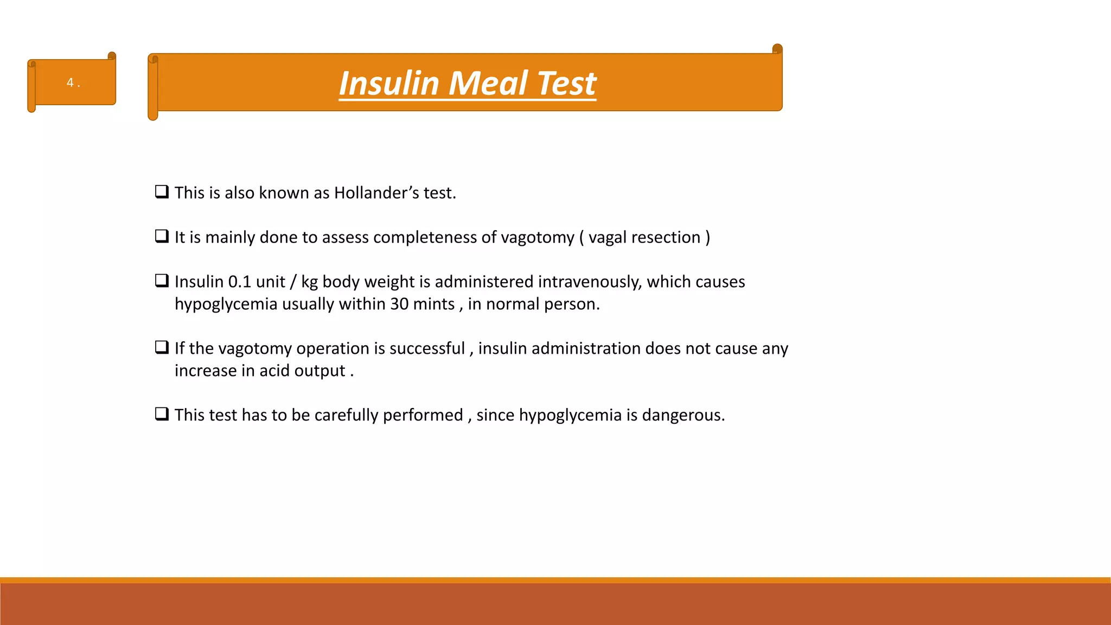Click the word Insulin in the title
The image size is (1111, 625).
pos(388,84)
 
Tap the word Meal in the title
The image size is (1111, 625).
pos(488,84)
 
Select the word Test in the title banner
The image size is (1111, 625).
pos(566,84)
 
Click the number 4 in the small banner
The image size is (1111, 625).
pos(70,82)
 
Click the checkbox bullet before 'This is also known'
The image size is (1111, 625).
pos(162,192)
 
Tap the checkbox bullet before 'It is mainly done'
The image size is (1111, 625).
pos(162,236)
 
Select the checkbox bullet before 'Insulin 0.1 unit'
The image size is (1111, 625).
pos(162,280)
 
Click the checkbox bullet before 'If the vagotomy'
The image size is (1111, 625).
pos(162,347)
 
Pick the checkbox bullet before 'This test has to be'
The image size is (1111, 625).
pos(162,414)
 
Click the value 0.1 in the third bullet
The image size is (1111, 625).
pos(239,282)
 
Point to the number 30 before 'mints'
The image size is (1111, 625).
pos(399,304)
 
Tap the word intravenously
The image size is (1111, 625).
pos(590,282)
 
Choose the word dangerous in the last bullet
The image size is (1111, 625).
pos(683,415)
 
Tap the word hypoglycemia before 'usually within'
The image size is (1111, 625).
pos(226,304)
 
